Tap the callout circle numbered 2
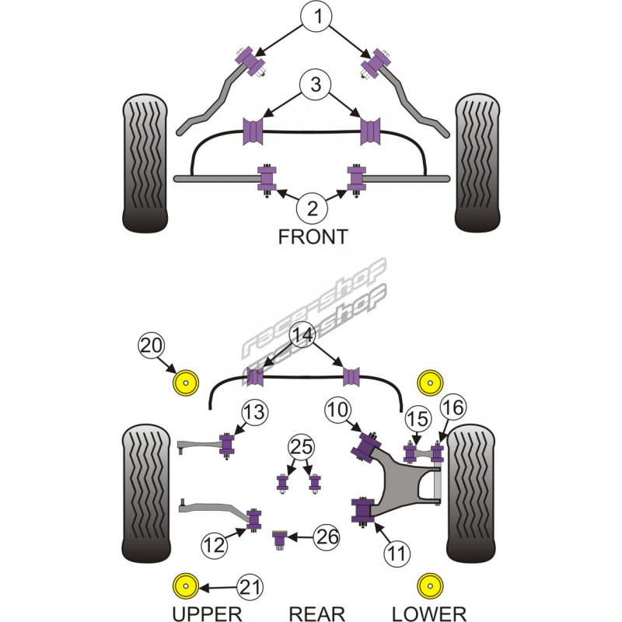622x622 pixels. [313, 208]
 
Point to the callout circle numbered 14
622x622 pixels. [304, 336]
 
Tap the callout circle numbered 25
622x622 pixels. [299, 449]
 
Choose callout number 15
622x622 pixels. [418, 419]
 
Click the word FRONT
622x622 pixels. [313, 237]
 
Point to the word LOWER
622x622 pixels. [428, 614]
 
